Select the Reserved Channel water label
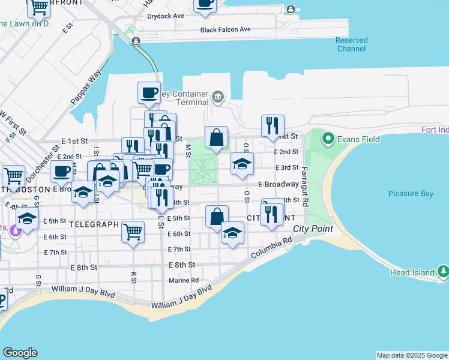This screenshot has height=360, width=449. [351, 44]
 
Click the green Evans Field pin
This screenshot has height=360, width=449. [328, 139]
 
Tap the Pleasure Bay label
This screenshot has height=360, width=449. [411, 194]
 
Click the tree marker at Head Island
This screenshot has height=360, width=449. [444, 271]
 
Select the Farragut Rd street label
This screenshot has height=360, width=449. [305, 187]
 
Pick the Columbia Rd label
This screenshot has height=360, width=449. [271, 247]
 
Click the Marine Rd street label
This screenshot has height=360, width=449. [184, 280]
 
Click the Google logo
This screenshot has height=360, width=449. [20, 353]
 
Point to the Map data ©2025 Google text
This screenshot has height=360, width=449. [412, 355]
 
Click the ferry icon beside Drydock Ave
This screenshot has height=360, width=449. [291, 10]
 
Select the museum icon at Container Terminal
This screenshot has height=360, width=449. [217, 97]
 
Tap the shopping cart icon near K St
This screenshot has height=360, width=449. [133, 231]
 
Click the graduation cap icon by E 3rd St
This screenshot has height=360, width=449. [242, 164]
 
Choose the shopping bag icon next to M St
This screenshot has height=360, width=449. [217, 137]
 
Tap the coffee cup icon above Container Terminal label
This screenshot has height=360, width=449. [149, 92]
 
